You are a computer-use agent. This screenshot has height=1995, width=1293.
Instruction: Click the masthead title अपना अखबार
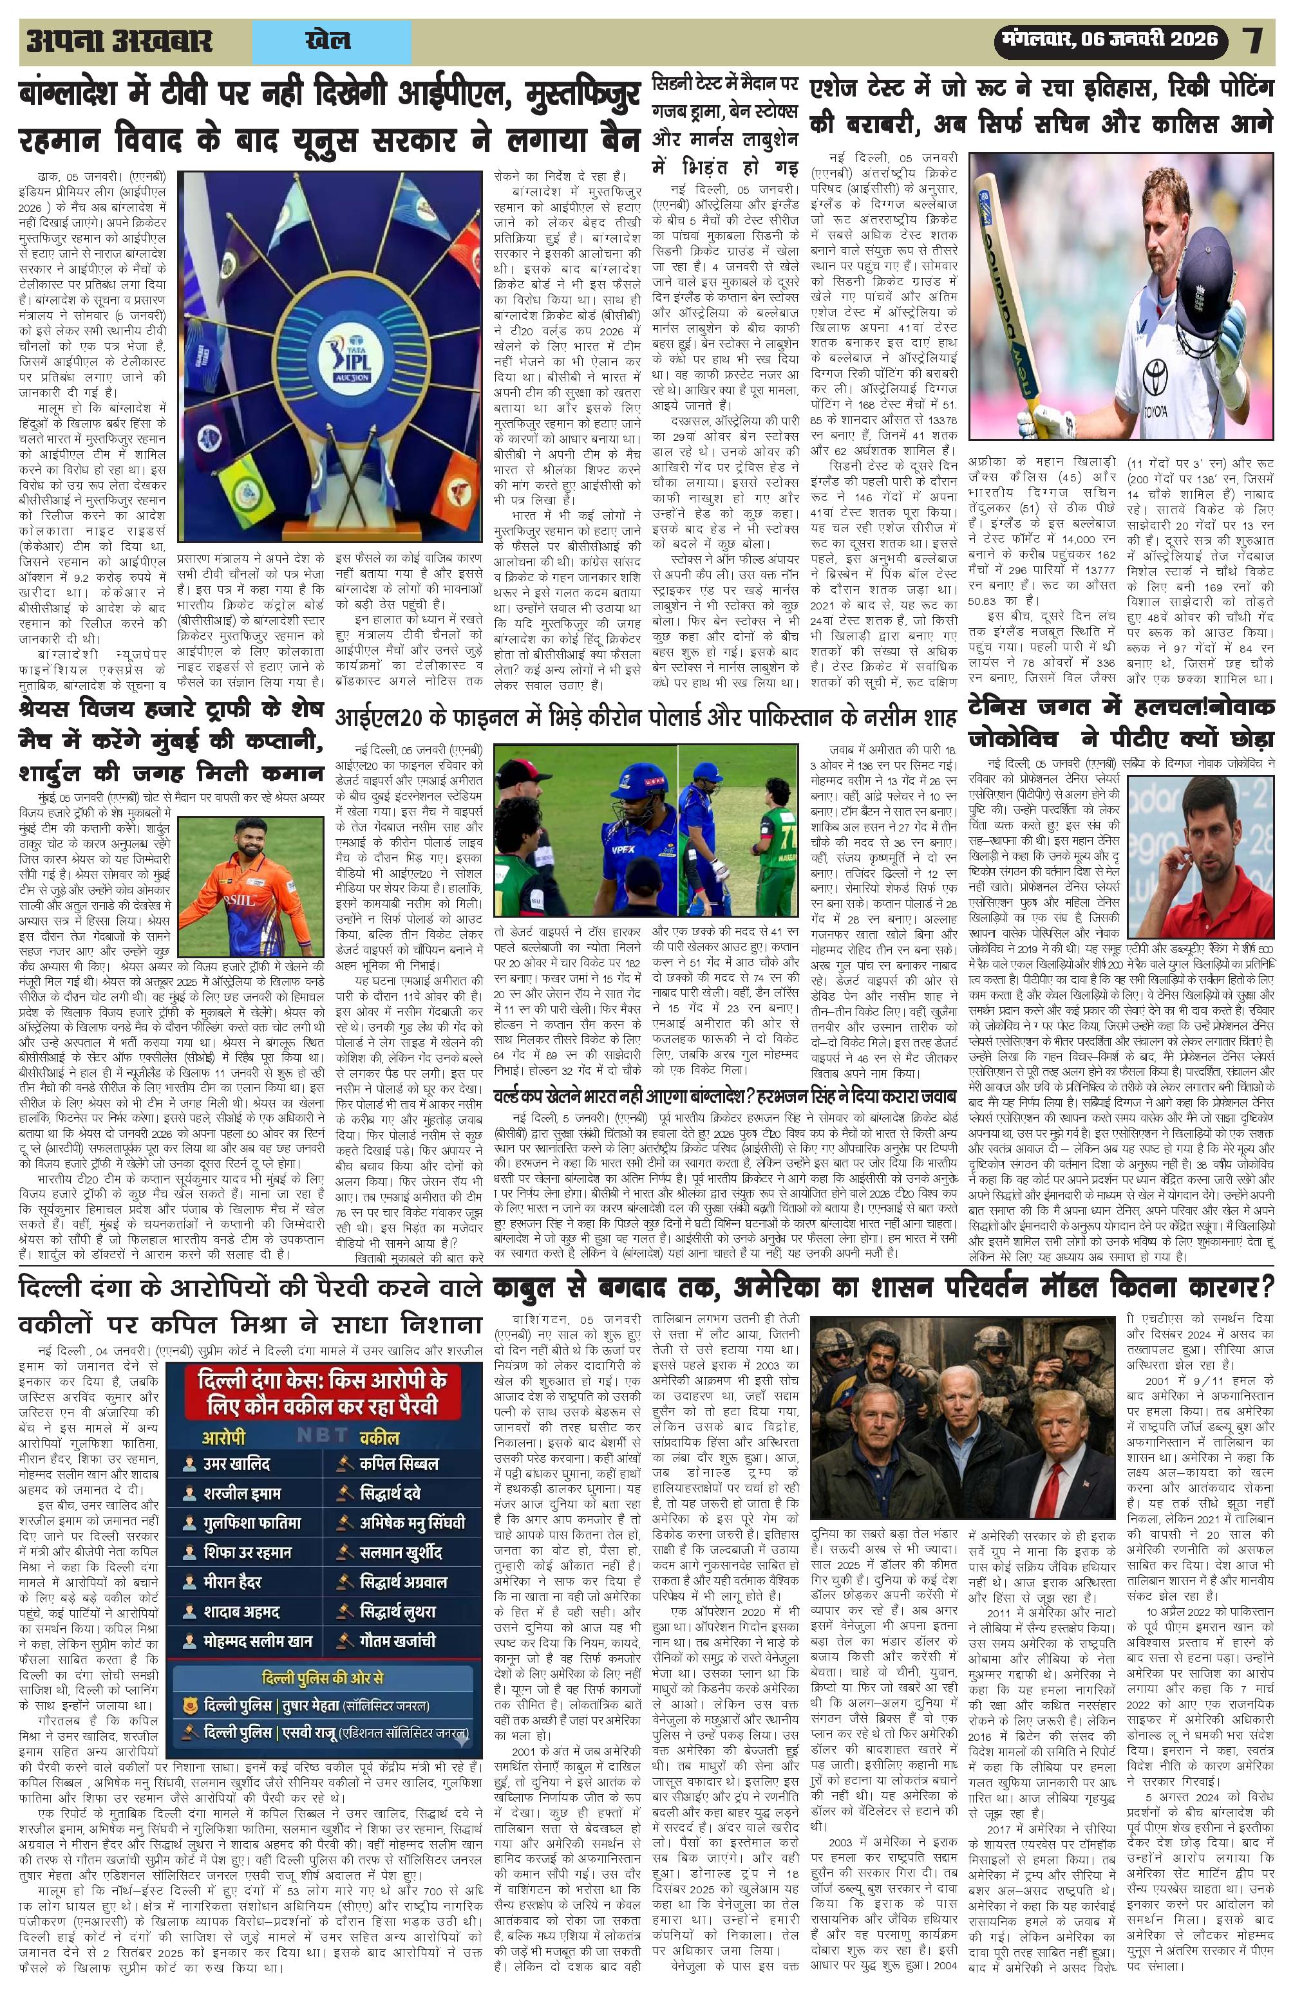click(119, 41)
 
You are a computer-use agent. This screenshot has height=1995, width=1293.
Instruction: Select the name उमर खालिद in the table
click(238, 1487)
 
